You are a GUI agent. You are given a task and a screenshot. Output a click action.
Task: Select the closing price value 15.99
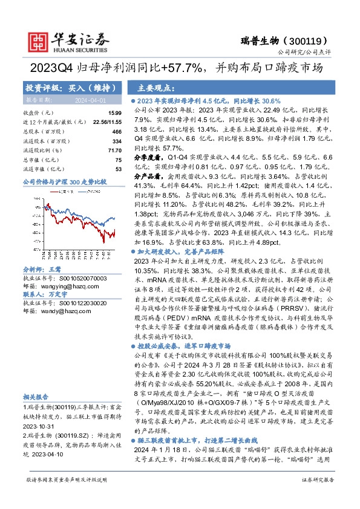115,113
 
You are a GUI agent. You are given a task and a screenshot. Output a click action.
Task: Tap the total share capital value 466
117,131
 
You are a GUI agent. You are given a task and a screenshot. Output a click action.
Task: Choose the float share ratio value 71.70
115,150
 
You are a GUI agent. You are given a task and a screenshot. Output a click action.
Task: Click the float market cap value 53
119,169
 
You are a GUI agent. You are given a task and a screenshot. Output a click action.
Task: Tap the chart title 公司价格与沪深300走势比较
64,181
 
